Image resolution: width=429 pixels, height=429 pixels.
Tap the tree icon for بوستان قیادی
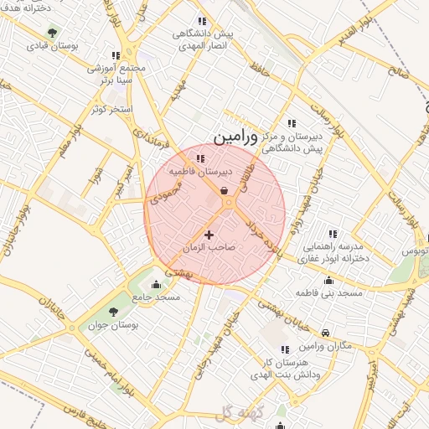pyautogui.click(x=53, y=34)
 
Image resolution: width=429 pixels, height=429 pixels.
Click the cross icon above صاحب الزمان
pyautogui.click(x=209, y=235)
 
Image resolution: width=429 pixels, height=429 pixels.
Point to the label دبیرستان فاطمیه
pyautogui.click(x=199, y=171)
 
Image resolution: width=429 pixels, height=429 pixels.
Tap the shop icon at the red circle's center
pyautogui.click(x=226, y=192)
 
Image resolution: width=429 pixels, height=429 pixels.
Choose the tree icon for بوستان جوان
pyautogui.click(x=113, y=313)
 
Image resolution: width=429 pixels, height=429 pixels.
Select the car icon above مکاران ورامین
pyautogui.click(x=326, y=333)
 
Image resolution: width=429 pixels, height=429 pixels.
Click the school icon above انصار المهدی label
pyautogui.click(x=201, y=21)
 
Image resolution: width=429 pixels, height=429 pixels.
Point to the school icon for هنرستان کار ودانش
pyautogui.click(x=285, y=349)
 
